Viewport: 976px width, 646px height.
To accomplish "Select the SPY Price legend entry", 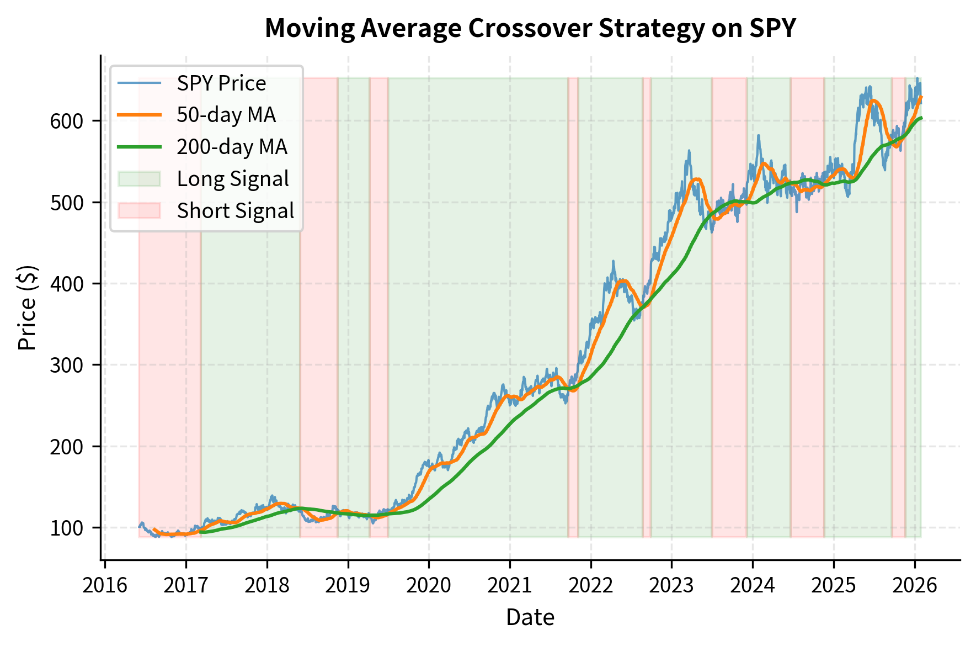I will [221, 83].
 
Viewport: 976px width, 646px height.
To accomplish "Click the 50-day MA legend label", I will [226, 115].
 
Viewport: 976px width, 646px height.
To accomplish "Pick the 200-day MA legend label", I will [232, 147].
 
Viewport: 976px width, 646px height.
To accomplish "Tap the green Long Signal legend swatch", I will [139, 179].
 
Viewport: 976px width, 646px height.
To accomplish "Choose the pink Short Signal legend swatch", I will [139, 211].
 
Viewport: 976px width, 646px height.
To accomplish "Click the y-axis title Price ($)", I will [28, 308].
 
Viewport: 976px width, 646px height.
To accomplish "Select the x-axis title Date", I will [530, 617].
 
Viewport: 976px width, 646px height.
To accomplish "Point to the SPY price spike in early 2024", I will [759, 136].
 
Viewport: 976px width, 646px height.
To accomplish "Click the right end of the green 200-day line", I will [921, 118].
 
